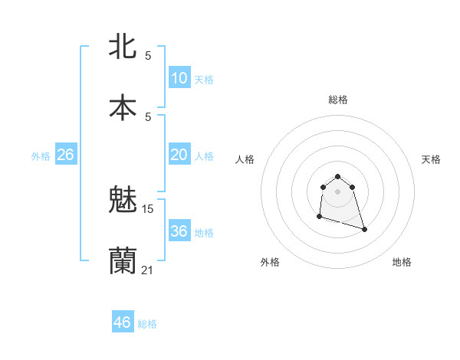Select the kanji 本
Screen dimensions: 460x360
pyautogui.click(x=123, y=106)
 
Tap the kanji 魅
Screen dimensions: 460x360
pyautogui.click(x=123, y=201)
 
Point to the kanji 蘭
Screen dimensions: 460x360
pyautogui.click(x=123, y=260)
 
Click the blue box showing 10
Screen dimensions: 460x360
pyautogui.click(x=179, y=78)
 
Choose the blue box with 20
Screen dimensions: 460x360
pyautogui.click(x=179, y=155)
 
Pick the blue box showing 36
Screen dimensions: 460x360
pyautogui.click(x=179, y=231)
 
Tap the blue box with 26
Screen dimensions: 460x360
pyautogui.click(x=65, y=155)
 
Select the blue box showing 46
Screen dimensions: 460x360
pyautogui.click(x=122, y=322)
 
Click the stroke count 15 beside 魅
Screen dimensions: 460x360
pyautogui.click(x=148, y=209)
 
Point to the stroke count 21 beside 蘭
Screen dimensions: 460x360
pyautogui.click(x=148, y=269)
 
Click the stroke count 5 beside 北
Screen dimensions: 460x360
pyautogui.click(x=148, y=55)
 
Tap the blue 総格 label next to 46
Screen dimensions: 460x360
pyautogui.click(x=147, y=324)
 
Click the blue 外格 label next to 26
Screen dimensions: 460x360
pyautogui.click(x=41, y=156)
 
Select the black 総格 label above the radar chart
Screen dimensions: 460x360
pyautogui.click(x=338, y=100)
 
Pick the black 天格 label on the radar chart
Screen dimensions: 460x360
pyautogui.click(x=431, y=159)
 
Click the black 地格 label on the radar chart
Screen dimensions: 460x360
pyautogui.click(x=402, y=262)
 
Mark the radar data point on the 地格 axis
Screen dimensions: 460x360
pyautogui.click(x=364, y=229)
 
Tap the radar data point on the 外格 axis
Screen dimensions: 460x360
pyautogui.click(x=319, y=217)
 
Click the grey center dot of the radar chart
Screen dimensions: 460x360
pyautogui.click(x=338, y=191)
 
